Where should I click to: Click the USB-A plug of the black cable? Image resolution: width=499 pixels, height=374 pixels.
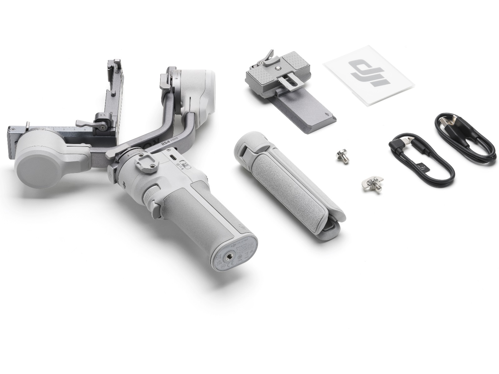point(449,120)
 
